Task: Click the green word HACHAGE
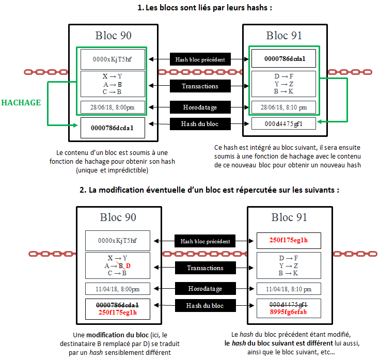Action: point(21,102)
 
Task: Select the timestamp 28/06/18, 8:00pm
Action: point(113,107)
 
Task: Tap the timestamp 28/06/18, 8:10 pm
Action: point(284,107)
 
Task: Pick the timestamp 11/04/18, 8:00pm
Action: point(117,289)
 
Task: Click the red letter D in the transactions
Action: point(129,265)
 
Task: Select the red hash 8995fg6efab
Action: point(288,312)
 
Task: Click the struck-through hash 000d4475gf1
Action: point(288,304)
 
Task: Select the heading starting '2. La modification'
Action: point(209,190)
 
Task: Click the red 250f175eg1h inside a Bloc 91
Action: point(289,240)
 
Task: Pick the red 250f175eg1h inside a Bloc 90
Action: point(117,312)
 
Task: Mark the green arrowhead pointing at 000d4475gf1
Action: point(320,122)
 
